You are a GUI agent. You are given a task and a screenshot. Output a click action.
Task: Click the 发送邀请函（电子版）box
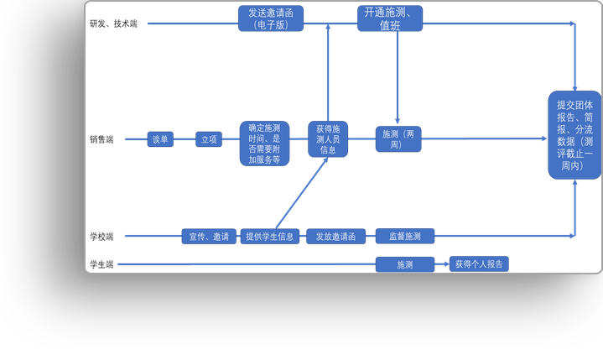pyautogui.click(x=270, y=18)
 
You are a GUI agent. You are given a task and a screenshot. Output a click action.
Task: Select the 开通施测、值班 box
pyautogui.click(x=390, y=18)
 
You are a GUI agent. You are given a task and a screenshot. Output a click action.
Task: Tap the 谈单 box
pyautogui.click(x=160, y=139)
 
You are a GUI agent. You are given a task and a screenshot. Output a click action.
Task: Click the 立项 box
pyautogui.click(x=209, y=139)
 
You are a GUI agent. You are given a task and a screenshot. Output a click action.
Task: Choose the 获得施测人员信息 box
pyautogui.click(x=328, y=139)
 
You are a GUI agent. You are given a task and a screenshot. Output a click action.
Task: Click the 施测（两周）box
pyautogui.click(x=398, y=139)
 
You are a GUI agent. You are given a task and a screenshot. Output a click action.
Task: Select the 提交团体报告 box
pyautogui.click(x=574, y=135)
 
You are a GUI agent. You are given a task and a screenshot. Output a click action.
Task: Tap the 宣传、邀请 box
pyautogui.click(x=209, y=237)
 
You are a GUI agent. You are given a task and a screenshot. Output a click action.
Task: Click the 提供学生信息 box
pyautogui.click(x=269, y=237)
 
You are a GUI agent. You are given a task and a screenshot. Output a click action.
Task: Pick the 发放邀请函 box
pyautogui.click(x=335, y=237)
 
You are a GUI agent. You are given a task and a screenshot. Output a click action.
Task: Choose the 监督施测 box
pyautogui.click(x=404, y=237)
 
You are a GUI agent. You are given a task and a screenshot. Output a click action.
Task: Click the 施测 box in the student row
pyautogui.click(x=404, y=264)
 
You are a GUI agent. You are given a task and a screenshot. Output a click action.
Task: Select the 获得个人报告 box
pyautogui.click(x=479, y=263)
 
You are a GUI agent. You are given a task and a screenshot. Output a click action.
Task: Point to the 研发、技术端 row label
pyautogui.click(x=113, y=23)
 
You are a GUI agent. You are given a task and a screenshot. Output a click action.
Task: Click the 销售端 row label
pyautogui.click(x=101, y=139)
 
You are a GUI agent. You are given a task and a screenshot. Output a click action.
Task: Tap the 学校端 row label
pyautogui.click(x=101, y=237)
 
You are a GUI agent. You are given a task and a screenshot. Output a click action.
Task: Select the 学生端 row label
pyautogui.click(x=101, y=264)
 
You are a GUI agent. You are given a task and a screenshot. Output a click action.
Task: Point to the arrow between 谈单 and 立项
pyautogui.click(x=185, y=139)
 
